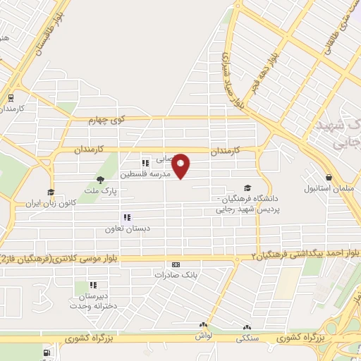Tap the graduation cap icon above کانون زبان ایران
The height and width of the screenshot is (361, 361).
51,192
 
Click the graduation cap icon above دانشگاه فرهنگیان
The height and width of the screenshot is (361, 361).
247,188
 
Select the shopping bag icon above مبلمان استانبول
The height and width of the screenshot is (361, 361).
329,178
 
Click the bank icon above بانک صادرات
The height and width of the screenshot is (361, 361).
175,265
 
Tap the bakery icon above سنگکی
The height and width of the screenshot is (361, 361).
247,327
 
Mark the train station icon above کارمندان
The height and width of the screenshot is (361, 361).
11,99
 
